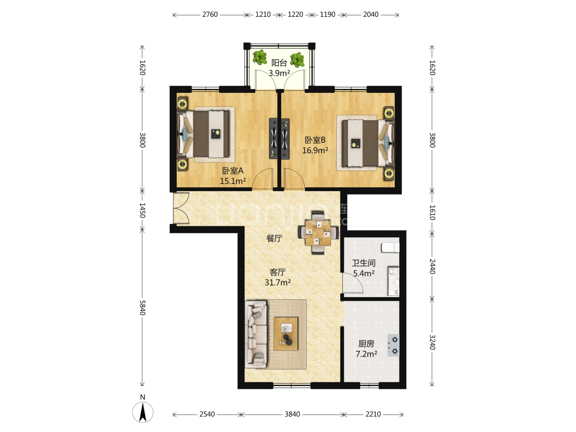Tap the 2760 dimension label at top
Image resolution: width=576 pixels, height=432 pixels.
pos(210,14)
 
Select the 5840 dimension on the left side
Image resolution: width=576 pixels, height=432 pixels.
pos(142,308)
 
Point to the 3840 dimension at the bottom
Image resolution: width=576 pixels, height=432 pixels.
pos(292,414)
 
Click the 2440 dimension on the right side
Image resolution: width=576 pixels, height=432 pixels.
pos(432,266)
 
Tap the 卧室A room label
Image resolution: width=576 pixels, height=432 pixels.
pos(233,171)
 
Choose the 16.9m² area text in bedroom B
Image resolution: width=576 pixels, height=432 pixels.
pos(315,150)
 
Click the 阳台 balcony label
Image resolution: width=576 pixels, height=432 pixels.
pos(279,63)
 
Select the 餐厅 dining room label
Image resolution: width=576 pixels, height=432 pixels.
pos(274,238)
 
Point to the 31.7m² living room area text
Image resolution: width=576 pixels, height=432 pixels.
pos(278,282)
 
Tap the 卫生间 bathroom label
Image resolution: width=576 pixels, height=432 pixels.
pos(364,263)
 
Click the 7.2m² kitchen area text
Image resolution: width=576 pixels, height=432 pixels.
pos(366,354)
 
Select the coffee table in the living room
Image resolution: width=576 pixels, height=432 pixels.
pos(286,334)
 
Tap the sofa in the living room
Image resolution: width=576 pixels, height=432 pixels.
pos(256,334)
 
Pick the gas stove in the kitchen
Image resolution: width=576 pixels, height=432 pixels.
pos(393,345)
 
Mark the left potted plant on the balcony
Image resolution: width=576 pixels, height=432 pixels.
pos(260,57)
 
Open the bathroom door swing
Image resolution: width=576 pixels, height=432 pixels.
pos(353,283)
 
